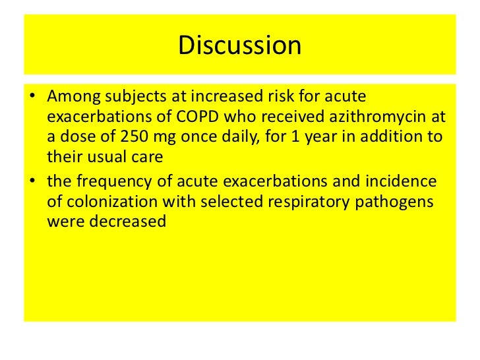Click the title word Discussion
pyautogui.click(x=239, y=45)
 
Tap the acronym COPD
pyautogui.click(x=192, y=118)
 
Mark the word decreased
pyautogui.click(x=123, y=222)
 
